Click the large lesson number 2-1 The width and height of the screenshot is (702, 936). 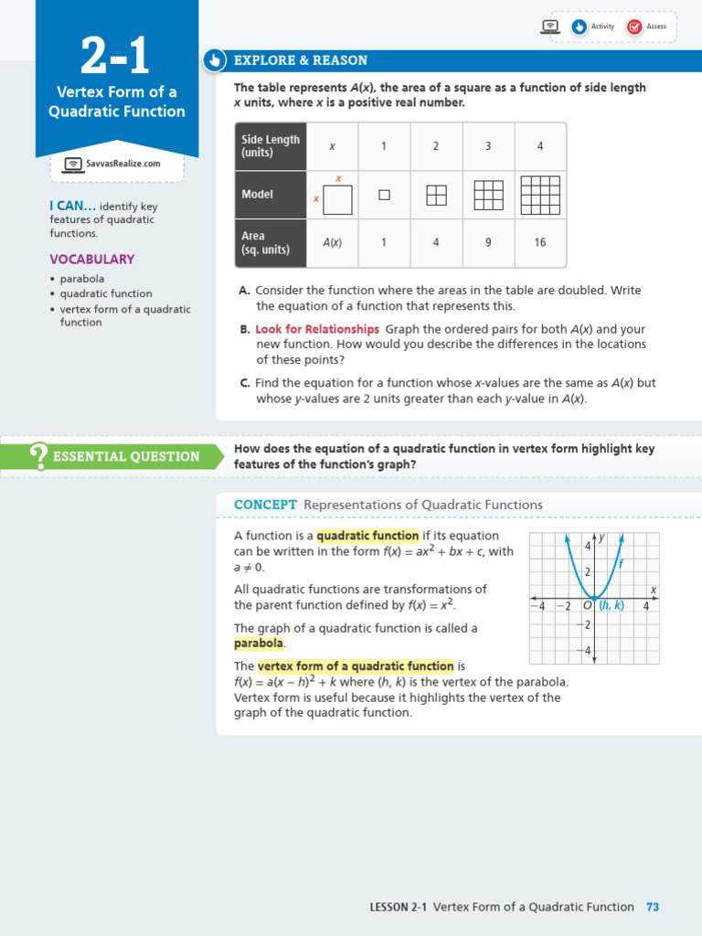(115, 57)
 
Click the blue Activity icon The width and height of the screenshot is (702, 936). (579, 27)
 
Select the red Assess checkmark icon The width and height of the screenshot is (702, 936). (634, 27)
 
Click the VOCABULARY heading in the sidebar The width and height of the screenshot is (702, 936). (91, 259)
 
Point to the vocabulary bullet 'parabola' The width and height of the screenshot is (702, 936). (82, 279)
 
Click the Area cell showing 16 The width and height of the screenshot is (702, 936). (539, 243)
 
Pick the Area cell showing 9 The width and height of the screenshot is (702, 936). (488, 243)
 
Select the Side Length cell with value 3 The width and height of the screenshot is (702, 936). (488, 146)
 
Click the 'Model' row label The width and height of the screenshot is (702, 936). (258, 195)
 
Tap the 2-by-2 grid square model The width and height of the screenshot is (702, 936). (436, 195)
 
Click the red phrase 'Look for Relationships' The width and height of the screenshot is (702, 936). (316, 329)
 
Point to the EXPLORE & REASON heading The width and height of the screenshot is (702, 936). (301, 60)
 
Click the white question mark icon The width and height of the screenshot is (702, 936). (39, 455)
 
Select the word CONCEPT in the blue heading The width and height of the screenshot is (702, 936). (265, 505)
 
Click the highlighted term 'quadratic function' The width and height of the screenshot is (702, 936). (367, 536)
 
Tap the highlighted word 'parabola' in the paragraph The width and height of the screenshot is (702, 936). (260, 643)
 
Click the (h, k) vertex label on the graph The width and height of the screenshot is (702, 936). (612, 605)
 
